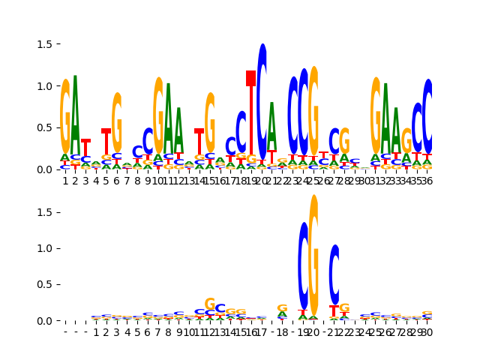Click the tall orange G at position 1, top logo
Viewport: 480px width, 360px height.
pyautogui.click(x=65, y=116)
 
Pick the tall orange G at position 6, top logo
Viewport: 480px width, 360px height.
pyautogui.click(x=116, y=124)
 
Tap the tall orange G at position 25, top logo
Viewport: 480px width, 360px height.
pyautogui.click(x=313, y=112)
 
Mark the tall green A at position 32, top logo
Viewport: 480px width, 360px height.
pyautogui.click(x=385, y=120)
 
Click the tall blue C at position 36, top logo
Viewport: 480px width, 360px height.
pyautogui.click(x=427, y=116)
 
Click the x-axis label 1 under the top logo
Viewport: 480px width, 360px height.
pyautogui.click(x=65, y=181)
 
